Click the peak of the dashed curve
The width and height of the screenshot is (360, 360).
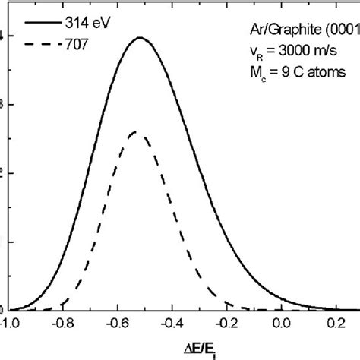click(x=135, y=131)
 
